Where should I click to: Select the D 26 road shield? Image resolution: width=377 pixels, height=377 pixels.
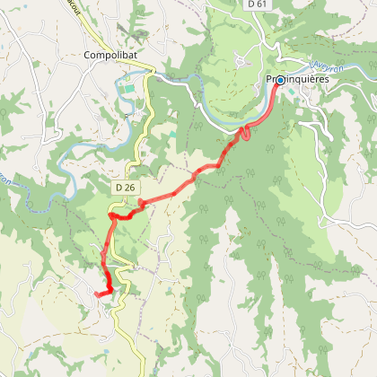[x=125, y=187]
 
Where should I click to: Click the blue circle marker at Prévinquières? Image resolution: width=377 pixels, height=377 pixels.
[x=279, y=80]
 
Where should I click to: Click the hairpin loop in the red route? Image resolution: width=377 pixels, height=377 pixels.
[x=241, y=136]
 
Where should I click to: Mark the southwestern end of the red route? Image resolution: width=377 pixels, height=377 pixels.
[x=95, y=292]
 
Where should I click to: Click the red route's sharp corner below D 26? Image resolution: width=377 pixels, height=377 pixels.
[x=110, y=215]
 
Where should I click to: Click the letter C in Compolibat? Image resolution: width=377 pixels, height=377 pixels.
[x=87, y=54]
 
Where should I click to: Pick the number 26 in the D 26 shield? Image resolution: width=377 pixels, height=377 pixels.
[x=129, y=187]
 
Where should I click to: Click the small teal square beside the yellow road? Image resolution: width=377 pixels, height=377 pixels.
[x=174, y=134]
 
